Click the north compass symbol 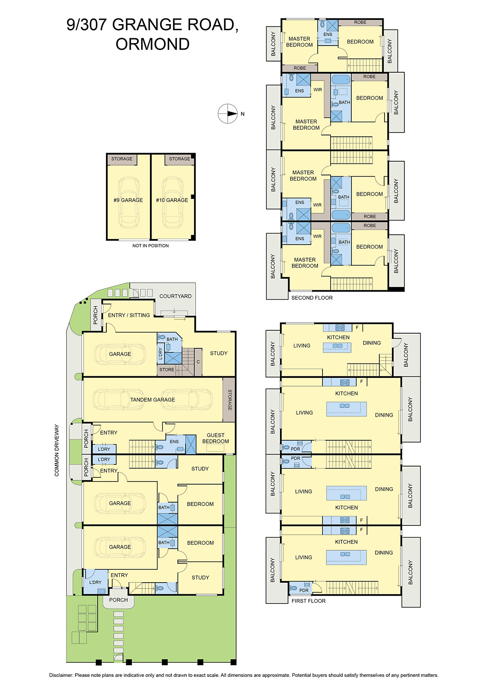click(228, 114)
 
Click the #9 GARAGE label click(128, 200)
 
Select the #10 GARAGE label click(172, 200)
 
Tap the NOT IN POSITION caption click(150, 246)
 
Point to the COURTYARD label click(175, 296)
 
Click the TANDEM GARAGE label click(152, 399)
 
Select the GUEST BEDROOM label click(215, 438)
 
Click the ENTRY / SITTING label click(129, 315)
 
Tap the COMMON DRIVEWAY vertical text click(56, 450)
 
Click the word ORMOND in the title click(152, 44)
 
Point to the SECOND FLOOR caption click(312, 298)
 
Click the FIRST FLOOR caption click(308, 601)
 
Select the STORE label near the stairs click(167, 369)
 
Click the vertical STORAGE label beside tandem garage click(230, 400)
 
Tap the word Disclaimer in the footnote click(61, 675)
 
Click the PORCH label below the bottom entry click(118, 600)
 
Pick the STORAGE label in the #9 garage click(122, 159)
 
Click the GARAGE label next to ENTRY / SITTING click(120, 354)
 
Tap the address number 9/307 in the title click(87, 25)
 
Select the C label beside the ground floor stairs click(198, 362)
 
